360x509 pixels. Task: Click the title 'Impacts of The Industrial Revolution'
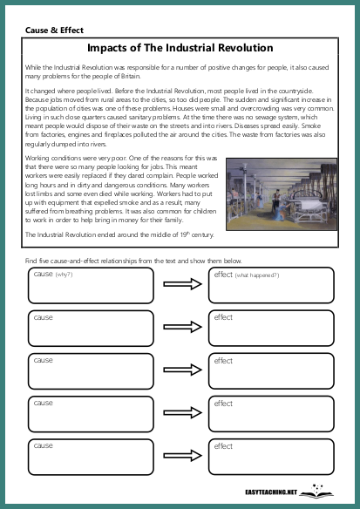pos(180,48)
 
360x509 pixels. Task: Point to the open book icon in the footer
pos(316,491)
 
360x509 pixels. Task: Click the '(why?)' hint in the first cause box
pos(65,275)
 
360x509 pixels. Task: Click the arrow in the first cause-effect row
pos(182,284)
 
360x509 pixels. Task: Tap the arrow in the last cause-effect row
pos(182,457)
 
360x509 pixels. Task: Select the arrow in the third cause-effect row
pos(182,370)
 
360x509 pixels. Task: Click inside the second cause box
pos(90,328)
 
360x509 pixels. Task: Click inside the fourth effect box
pos(270,414)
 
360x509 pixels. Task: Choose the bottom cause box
pos(90,457)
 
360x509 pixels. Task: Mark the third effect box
pos(270,370)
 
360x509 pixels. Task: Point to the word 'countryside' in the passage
pos(310,90)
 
